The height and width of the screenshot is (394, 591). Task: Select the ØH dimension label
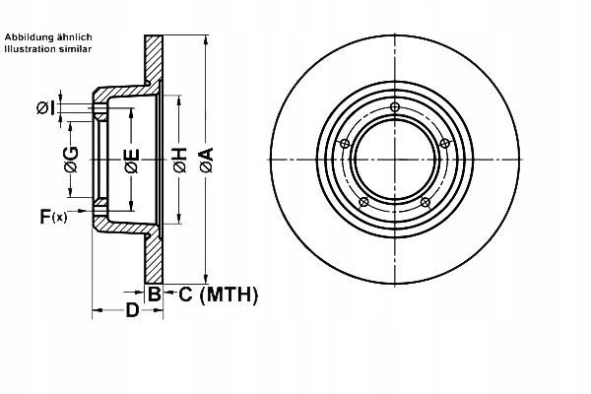(179, 161)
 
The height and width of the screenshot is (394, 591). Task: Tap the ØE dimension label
(132, 161)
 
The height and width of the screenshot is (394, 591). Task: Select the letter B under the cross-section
(154, 294)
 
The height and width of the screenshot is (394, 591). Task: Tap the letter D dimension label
(131, 313)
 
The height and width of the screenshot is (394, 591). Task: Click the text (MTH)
(229, 294)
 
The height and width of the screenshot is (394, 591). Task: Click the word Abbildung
(27, 36)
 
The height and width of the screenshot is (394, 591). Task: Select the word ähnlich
(73, 36)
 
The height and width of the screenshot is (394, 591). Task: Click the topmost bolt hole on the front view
(395, 107)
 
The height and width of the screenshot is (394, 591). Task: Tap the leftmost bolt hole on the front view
(344, 145)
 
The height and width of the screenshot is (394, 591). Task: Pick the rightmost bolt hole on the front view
(445, 145)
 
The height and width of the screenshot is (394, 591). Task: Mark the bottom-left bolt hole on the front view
(363, 203)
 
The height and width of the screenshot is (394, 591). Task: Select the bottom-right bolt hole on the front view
(426, 203)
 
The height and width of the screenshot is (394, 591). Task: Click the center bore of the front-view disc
(394, 161)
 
